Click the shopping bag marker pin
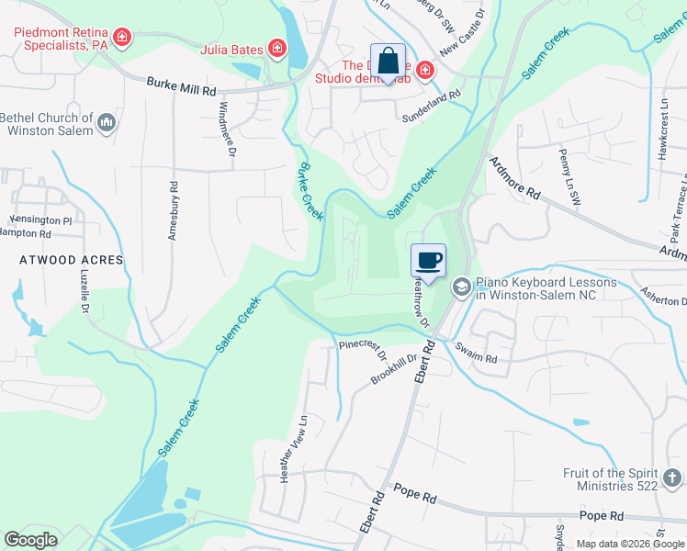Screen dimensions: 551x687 pos(388,62)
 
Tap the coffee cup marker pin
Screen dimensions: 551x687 pos(428,261)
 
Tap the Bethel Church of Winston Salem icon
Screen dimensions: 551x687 pos(107,123)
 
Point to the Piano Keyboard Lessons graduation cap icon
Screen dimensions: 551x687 pos(460,288)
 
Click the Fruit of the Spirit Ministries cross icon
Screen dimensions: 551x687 pos(672,478)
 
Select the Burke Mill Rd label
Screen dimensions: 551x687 pos(181,86)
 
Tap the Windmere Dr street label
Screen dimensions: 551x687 pos(226,129)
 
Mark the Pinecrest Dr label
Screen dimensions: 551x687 pos(363,347)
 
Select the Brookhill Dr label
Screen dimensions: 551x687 pos(394,369)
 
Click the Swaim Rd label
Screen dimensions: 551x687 pos(476,354)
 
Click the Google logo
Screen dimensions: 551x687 pos(30,540)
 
